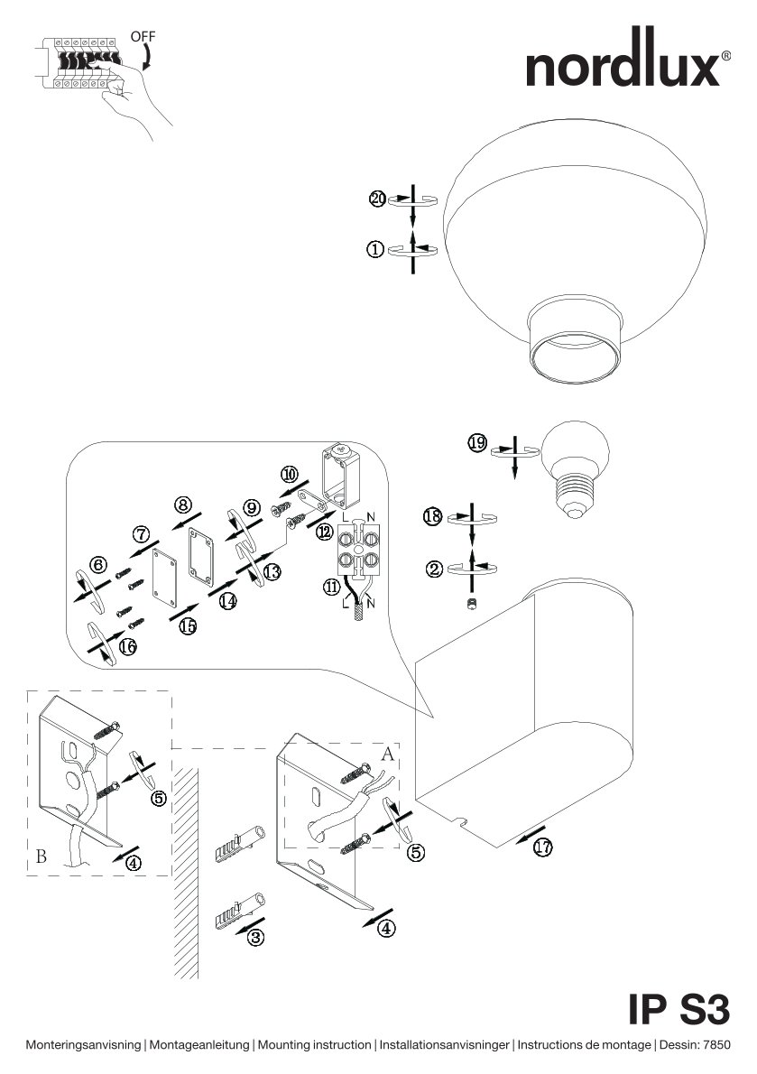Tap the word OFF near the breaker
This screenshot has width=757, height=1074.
[143, 35]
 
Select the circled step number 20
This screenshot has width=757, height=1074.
[378, 199]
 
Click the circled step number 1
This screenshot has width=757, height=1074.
[375, 249]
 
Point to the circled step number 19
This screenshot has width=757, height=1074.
[477, 443]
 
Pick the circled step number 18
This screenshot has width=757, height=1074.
[432, 515]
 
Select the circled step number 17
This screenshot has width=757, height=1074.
[543, 847]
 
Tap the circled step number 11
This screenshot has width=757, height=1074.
[332, 587]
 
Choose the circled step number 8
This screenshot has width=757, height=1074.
[183, 505]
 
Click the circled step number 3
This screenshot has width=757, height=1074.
[255, 937]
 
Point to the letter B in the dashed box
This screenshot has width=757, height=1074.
[42, 856]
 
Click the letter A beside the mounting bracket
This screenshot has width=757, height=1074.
[387, 755]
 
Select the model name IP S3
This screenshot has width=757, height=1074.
[679, 1009]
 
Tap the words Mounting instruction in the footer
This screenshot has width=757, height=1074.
[314, 1045]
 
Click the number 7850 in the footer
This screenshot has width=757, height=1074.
[715, 1045]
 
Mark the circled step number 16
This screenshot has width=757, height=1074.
[127, 646]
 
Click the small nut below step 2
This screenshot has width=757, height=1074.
[471, 604]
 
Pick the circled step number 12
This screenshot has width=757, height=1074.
[325, 532]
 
